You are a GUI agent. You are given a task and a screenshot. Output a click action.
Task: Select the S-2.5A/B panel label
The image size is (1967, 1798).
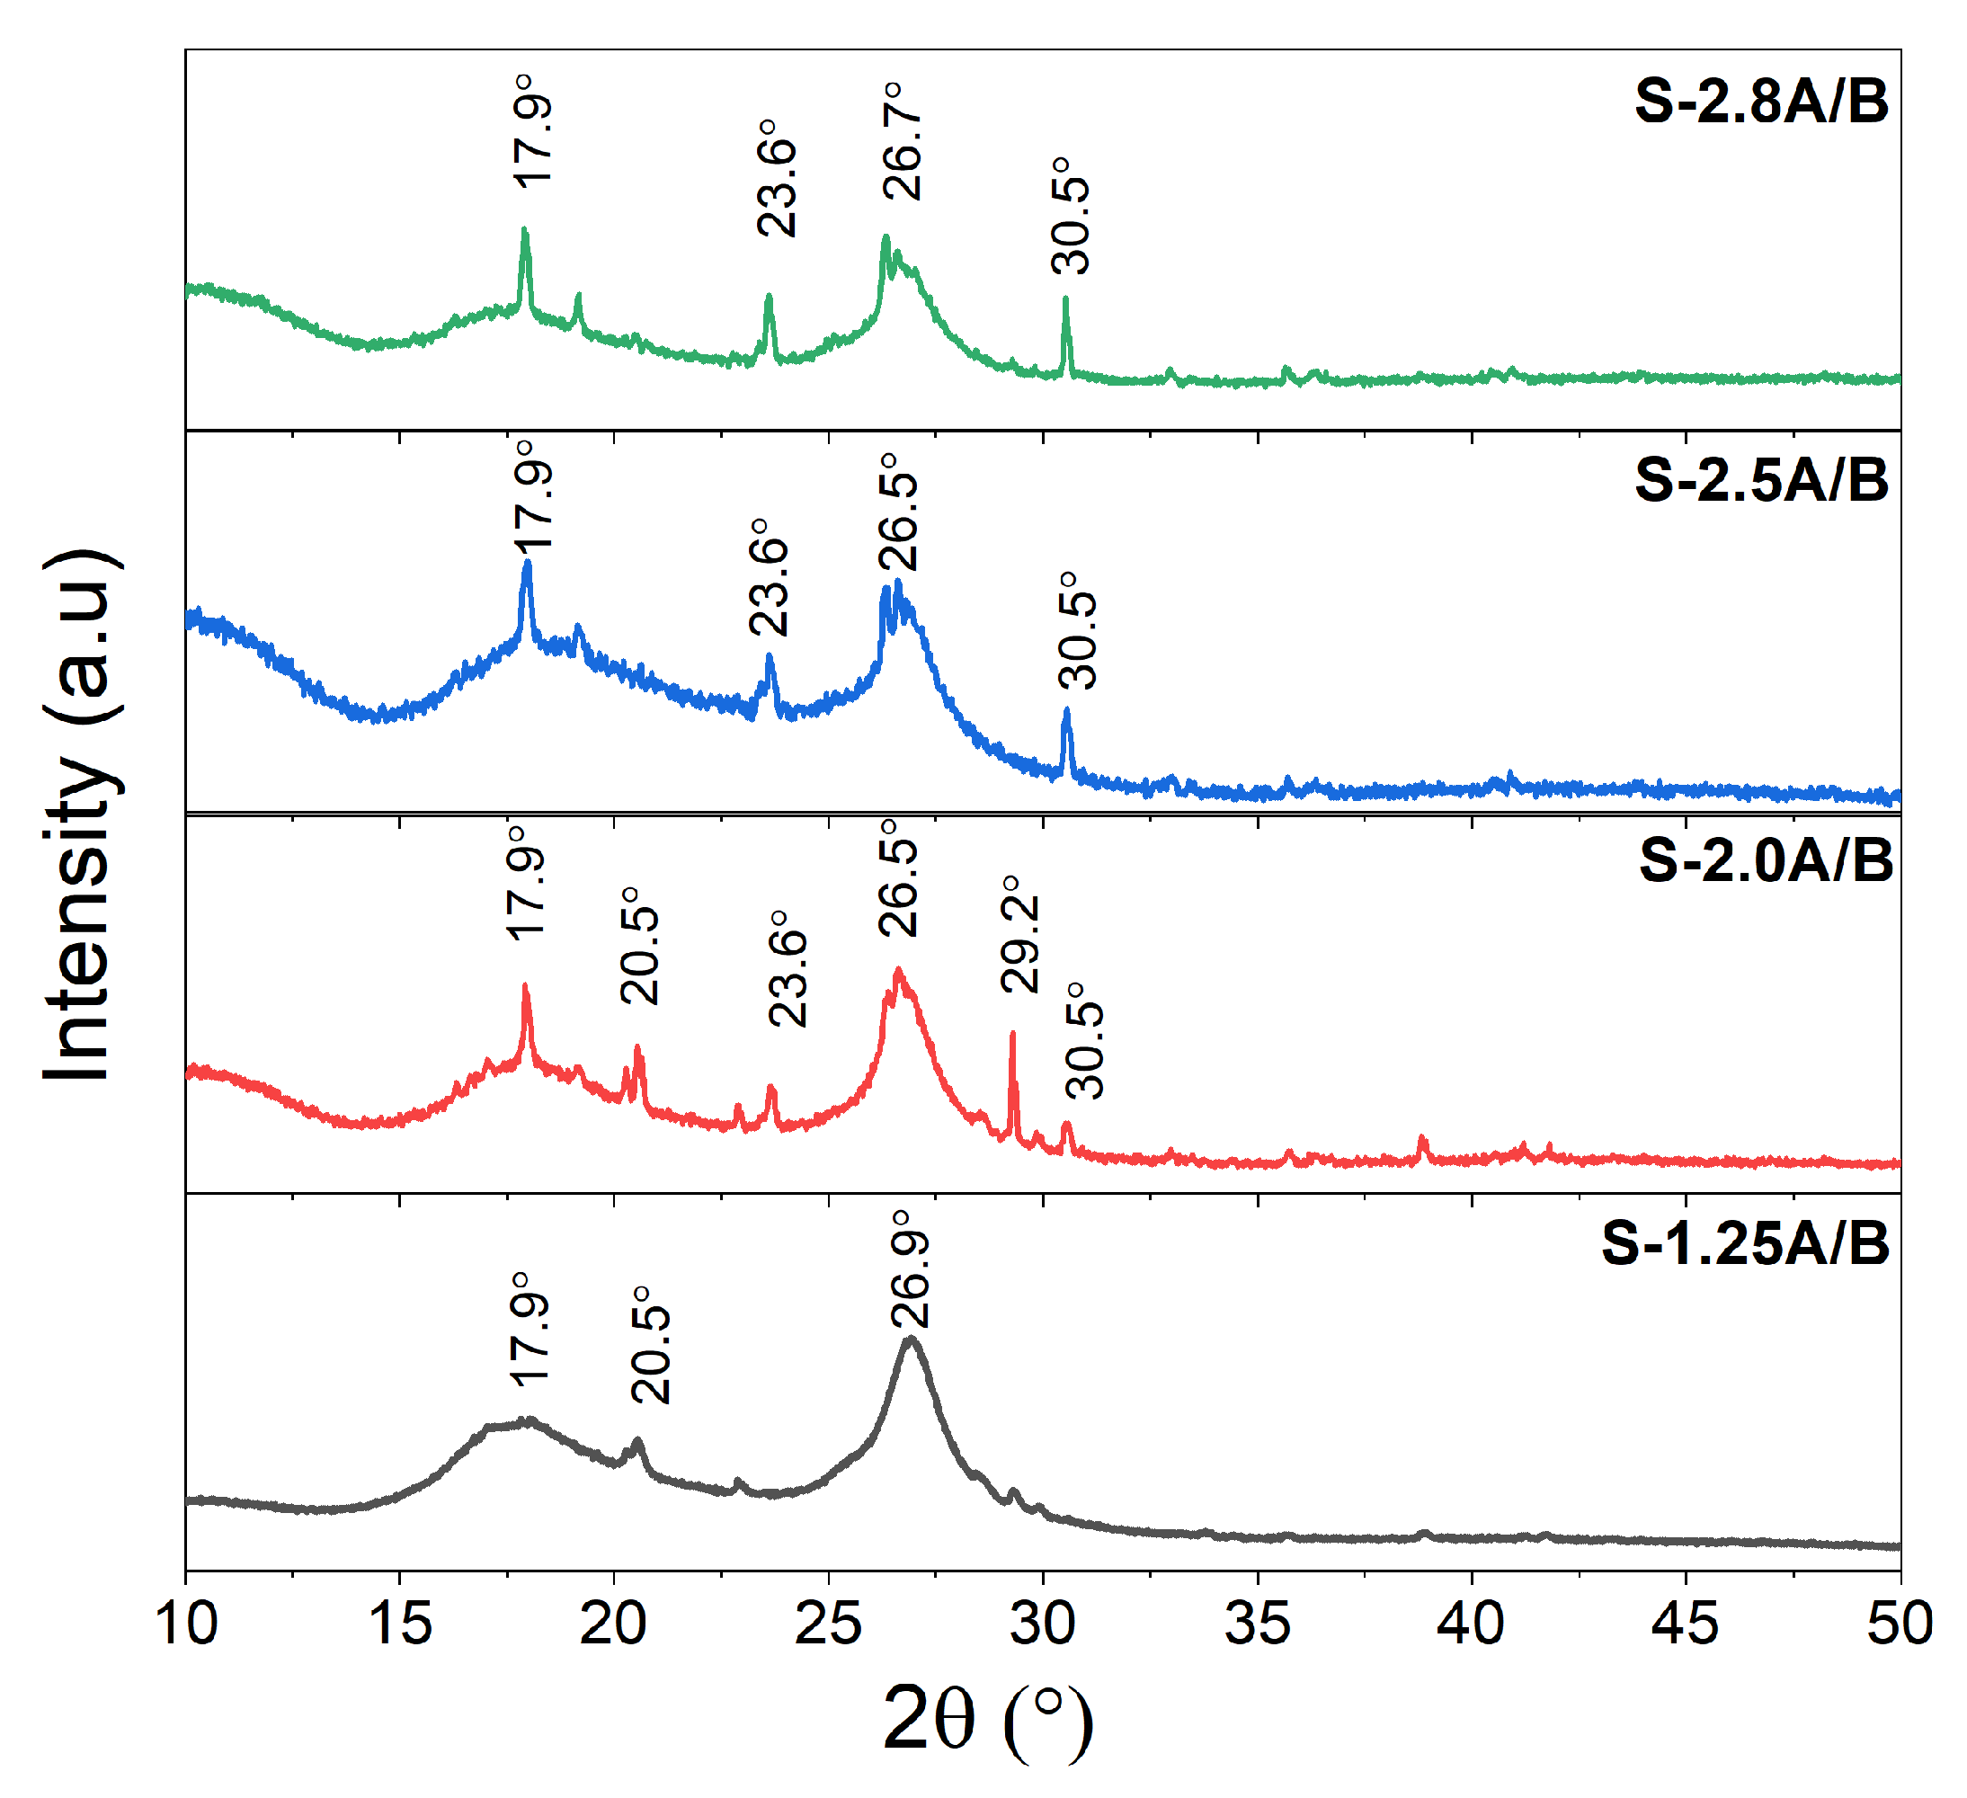point(1762,480)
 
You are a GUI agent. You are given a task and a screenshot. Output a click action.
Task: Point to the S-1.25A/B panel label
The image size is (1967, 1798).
point(1746,1244)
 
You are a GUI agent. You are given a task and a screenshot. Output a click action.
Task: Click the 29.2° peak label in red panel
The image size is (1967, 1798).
point(1019,934)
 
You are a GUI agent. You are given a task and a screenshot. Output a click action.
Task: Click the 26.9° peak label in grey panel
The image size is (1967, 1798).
point(911,1268)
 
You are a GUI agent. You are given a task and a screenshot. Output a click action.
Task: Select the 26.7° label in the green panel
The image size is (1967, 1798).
point(903,141)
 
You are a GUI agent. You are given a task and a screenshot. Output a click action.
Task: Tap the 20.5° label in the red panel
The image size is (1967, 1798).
point(640,946)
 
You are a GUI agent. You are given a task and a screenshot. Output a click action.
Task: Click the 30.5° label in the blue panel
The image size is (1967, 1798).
point(1077,630)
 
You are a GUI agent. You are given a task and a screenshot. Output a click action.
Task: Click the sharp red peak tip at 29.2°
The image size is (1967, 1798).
point(1013,1034)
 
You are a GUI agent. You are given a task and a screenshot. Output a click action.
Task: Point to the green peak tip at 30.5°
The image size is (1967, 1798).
point(1065,299)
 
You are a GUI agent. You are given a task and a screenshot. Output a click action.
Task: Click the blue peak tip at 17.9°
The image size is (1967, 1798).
point(527,563)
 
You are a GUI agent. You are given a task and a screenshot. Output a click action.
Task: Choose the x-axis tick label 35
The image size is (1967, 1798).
point(1258,1624)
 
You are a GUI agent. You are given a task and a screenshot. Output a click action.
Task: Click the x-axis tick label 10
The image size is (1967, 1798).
point(185,1624)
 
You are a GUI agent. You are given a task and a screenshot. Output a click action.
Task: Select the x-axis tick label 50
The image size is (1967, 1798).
point(1899,1624)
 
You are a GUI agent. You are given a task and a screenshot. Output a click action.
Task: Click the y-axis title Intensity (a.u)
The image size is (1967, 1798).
point(83,814)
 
